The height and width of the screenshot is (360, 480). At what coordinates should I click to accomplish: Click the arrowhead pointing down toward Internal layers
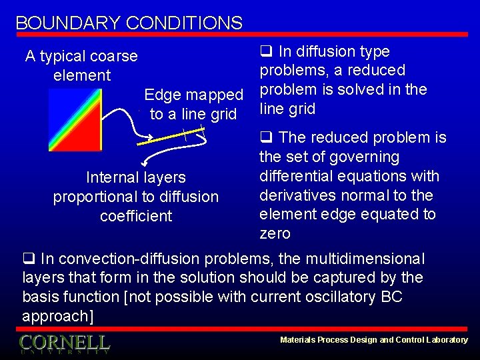click(143, 162)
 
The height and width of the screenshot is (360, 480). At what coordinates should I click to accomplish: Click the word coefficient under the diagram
click(136, 216)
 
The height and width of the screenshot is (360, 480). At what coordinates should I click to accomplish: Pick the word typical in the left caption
click(64, 57)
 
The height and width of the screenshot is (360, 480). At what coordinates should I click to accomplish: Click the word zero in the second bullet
click(275, 234)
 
